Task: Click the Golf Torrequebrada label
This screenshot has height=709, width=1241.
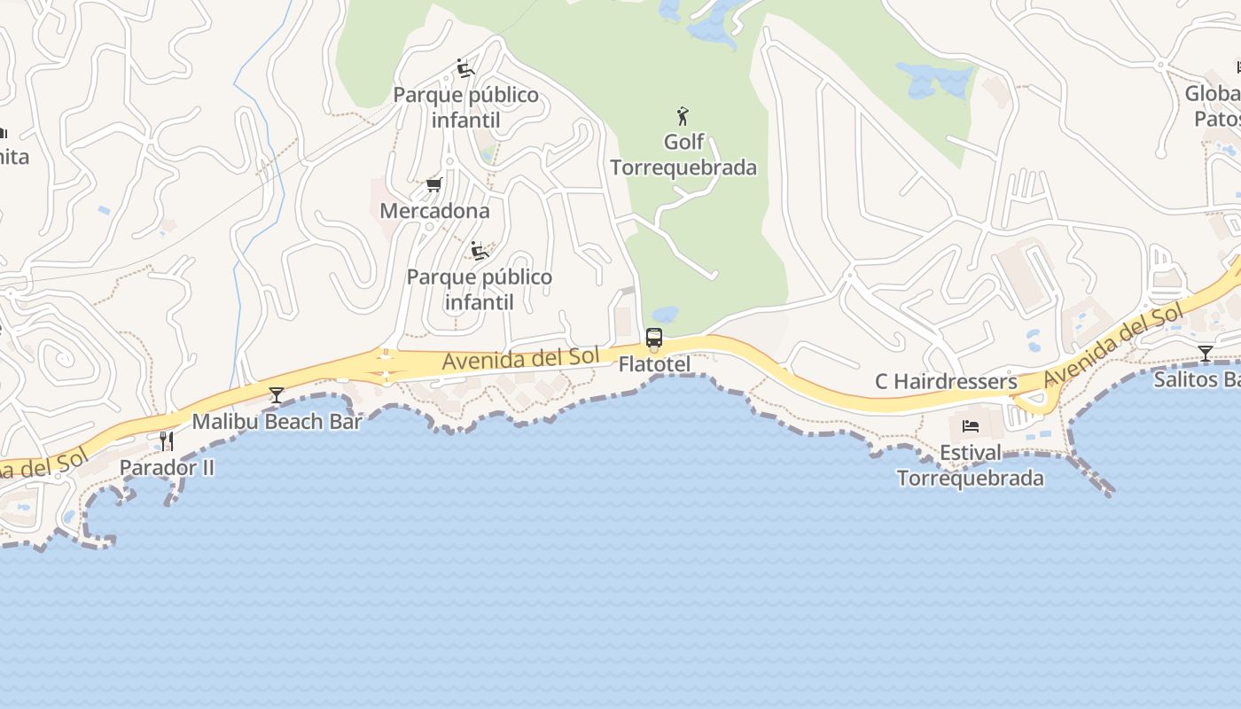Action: [683, 155]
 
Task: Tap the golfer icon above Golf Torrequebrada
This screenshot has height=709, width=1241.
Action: [683, 116]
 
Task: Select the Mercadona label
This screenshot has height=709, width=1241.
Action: [434, 211]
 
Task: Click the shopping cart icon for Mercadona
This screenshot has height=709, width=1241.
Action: [433, 184]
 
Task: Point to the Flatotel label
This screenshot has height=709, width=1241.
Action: [654, 364]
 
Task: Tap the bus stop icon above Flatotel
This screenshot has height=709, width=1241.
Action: [654, 338]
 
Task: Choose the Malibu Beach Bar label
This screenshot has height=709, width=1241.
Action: [277, 422]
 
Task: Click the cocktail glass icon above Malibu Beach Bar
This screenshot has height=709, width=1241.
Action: [277, 394]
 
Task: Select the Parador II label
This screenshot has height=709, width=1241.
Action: [167, 467]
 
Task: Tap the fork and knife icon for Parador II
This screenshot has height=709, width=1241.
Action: [166, 440]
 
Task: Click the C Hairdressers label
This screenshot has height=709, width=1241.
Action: [946, 381]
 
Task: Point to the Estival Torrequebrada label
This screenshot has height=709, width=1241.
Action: [970, 465]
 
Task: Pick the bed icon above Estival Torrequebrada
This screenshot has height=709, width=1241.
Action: [970, 426]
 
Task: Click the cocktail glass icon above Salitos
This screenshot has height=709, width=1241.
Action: [1205, 354]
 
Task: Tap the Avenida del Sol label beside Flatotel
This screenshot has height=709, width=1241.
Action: [520, 358]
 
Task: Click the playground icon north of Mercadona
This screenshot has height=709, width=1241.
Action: [465, 68]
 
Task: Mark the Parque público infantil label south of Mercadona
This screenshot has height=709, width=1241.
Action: [479, 289]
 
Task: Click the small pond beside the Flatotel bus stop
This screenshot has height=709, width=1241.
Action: [665, 315]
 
